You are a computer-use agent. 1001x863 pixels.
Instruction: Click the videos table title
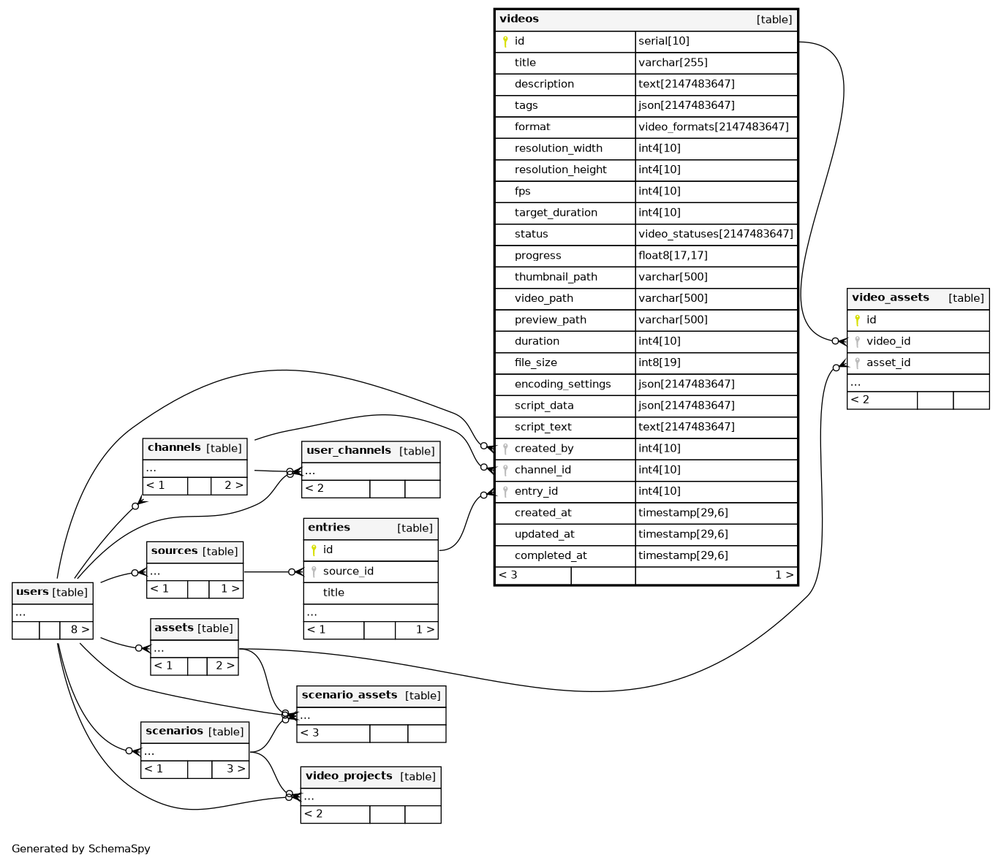pos(519,19)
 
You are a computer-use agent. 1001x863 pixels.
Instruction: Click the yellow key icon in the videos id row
pos(505,42)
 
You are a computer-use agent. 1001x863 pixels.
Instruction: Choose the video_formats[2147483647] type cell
pos(713,127)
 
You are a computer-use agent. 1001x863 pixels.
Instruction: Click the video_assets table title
pos(890,297)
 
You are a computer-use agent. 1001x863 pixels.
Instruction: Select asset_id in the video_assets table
pos(888,362)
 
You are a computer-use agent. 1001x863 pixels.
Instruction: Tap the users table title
pos(32,592)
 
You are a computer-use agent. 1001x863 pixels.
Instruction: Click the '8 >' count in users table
pos(80,629)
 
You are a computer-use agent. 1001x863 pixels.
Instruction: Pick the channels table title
pos(174,448)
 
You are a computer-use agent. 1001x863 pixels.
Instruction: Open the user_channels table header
pos(349,451)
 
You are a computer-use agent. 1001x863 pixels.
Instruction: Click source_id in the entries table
pos(348,571)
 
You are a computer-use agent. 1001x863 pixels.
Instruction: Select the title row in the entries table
pos(333,593)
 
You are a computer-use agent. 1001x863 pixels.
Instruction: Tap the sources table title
pos(174,551)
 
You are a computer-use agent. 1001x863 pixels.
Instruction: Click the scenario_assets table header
pos(350,695)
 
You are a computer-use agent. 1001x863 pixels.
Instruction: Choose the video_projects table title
pos(349,776)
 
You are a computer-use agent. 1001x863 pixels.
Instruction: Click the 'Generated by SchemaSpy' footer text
pos(81,849)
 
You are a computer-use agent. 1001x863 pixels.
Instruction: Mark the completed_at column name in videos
pos(551,555)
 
